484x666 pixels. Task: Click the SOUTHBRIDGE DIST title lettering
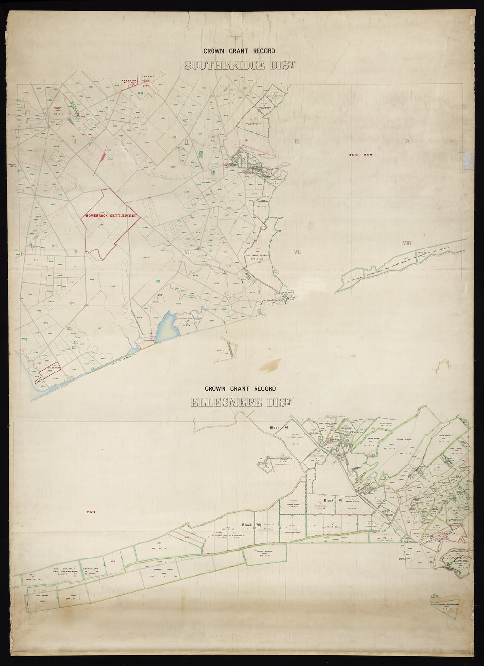pyautogui.click(x=240, y=65)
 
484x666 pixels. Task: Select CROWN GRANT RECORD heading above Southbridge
pyautogui.click(x=239, y=51)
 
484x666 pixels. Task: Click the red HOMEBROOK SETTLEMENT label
pyautogui.click(x=111, y=215)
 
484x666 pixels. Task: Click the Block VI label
pyautogui.click(x=279, y=428)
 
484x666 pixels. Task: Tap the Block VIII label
pyautogui.click(x=252, y=525)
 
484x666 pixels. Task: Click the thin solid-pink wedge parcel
pyautogui.click(x=103, y=155)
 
